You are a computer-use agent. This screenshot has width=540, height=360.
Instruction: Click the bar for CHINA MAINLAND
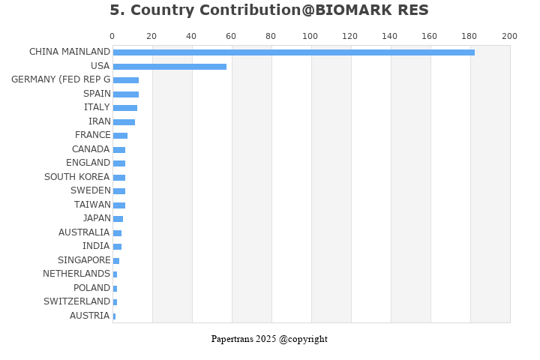294,52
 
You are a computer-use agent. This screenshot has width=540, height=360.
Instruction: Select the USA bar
169,67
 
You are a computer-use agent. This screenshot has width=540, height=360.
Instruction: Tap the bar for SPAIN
126,94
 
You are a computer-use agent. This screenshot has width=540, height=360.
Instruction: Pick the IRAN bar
124,122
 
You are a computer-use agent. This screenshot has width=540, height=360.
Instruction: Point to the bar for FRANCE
120,136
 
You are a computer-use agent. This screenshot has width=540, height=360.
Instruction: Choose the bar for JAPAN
118,219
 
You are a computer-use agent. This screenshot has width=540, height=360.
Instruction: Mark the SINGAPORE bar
116,261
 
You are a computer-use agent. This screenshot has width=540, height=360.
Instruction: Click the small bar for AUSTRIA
114,316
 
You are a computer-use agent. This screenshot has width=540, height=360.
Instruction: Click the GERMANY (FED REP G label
61,79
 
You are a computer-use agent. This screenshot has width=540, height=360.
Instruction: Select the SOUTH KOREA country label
77,177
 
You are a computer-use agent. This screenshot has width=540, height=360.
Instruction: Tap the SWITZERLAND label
76,301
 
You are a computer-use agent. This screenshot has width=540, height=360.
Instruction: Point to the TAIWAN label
92,205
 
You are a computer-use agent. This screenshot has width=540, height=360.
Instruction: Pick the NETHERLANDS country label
76,274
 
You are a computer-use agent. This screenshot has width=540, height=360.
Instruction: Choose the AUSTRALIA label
84,232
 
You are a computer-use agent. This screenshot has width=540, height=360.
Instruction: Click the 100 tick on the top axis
310,36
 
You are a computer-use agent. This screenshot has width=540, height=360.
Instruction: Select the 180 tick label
469,36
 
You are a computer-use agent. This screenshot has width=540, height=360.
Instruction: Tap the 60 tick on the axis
231,36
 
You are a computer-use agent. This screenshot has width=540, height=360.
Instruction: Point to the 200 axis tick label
509,36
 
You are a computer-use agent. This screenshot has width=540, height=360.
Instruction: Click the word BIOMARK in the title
354,10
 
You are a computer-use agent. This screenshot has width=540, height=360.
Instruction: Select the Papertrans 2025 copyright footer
269,339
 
